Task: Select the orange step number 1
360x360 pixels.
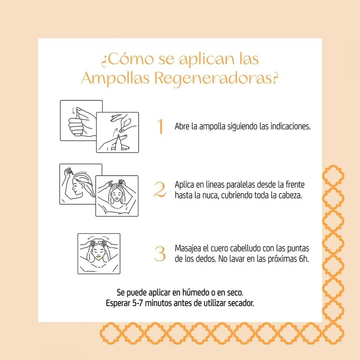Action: pos(161,126)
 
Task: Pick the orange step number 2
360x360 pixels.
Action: pos(160,189)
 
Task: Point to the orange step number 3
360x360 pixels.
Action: pos(160,253)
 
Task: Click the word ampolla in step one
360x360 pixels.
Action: pos(212,127)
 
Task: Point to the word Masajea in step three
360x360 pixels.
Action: pos(187,248)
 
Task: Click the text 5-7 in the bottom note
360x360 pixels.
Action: pos(137,303)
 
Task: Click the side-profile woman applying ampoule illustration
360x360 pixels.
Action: pos(81,184)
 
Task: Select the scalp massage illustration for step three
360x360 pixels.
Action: pos(99,254)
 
